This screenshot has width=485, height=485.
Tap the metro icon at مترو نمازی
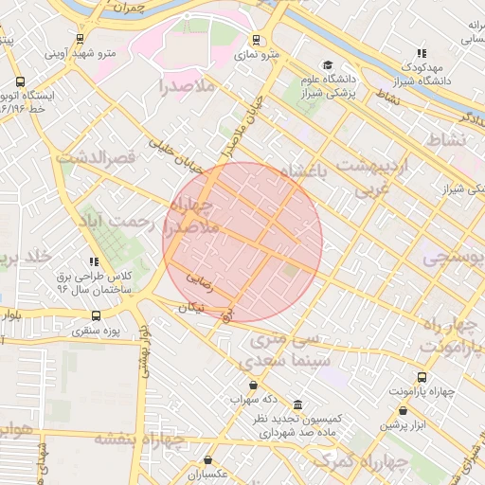pos(255,40)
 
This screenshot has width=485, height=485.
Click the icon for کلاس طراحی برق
pos(94,261)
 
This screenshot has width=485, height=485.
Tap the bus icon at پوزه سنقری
pos(95,315)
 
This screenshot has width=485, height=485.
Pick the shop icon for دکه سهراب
pos(253,385)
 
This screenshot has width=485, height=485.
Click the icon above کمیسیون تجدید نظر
pos(297,404)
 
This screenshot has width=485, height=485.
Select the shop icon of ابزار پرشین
pos(404,411)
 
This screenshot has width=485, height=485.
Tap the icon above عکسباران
pos(207,460)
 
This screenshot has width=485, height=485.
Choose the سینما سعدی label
pos(285,360)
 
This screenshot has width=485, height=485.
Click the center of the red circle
pos(242,242)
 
